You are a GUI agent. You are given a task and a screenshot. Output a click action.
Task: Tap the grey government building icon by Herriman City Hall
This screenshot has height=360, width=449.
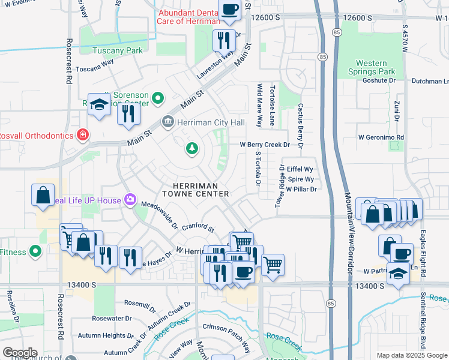click(x=167, y=122)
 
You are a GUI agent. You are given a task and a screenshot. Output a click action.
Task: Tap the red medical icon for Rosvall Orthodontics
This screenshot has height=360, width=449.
click(x=82, y=135)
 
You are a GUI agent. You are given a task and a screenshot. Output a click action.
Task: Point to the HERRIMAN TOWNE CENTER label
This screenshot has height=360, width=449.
click(x=196, y=190)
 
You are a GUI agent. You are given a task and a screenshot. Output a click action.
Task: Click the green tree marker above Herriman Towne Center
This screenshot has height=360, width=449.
click(x=192, y=148)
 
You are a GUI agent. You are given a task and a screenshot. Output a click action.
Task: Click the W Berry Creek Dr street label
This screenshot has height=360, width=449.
click(x=265, y=145)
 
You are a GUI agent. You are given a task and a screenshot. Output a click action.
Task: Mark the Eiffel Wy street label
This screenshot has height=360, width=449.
click(x=301, y=170)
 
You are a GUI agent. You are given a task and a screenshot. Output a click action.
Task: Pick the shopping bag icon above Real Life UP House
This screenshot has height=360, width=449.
click(x=44, y=195)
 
